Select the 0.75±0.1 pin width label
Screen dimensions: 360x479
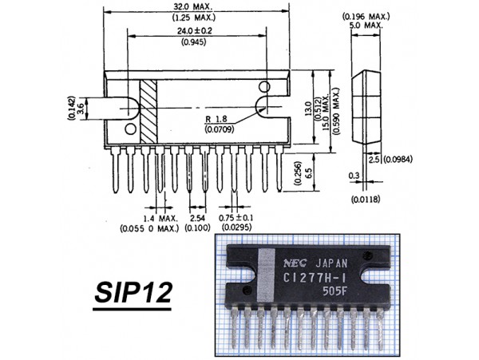click(x=237, y=218)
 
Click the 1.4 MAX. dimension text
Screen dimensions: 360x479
click(x=151, y=218)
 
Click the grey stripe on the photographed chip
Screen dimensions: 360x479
click(x=267, y=275)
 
